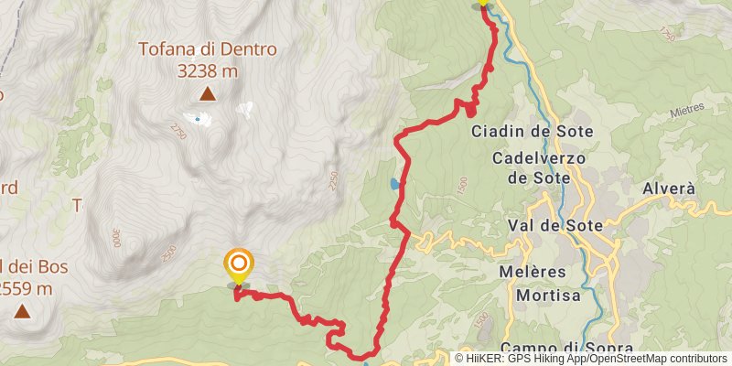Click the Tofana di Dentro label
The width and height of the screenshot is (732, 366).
coord(208,49)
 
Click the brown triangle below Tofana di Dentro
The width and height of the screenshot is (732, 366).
coord(208,93)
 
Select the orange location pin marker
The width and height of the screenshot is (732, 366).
coord(238,266)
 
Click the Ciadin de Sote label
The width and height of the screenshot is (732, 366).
coord(532,132)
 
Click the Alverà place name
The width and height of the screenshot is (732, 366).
coord(670,188)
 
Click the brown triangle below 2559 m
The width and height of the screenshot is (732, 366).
coord(20,311)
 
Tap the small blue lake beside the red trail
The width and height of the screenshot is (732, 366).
coord(394,184)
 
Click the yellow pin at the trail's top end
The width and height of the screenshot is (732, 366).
coord(483,3)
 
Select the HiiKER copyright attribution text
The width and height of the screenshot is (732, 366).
coord(592,359)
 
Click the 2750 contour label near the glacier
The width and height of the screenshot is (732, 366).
coord(177,135)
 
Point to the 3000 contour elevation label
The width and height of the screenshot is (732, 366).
coord(117,237)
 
